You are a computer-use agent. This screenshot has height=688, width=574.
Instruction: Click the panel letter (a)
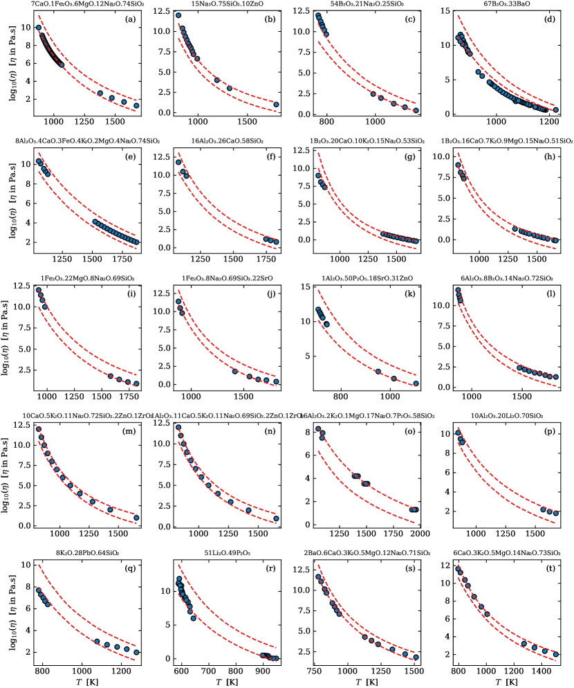(x=129, y=18)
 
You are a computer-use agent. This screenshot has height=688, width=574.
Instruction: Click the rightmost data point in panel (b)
(x=276, y=105)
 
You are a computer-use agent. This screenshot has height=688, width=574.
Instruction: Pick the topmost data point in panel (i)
(x=39, y=290)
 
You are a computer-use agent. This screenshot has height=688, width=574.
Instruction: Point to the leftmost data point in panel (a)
(x=39, y=27)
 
